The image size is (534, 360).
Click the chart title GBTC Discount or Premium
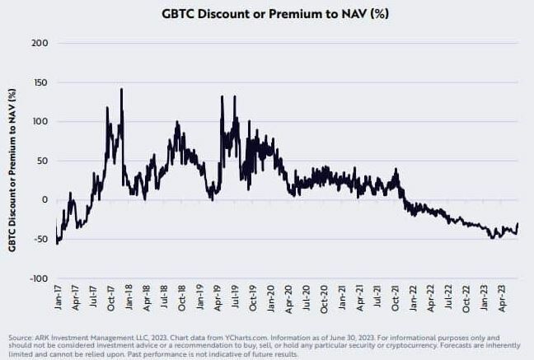tap(267, 14)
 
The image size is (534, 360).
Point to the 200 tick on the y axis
tap(39, 43)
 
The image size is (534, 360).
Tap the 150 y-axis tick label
tap(39, 82)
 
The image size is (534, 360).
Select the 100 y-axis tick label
tap(39, 121)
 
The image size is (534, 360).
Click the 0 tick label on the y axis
tap(44, 200)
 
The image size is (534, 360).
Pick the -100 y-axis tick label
tap(37, 278)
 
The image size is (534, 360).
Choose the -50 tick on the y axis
tap(40, 239)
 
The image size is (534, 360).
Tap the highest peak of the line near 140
tap(122, 90)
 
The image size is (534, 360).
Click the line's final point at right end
tap(518, 224)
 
